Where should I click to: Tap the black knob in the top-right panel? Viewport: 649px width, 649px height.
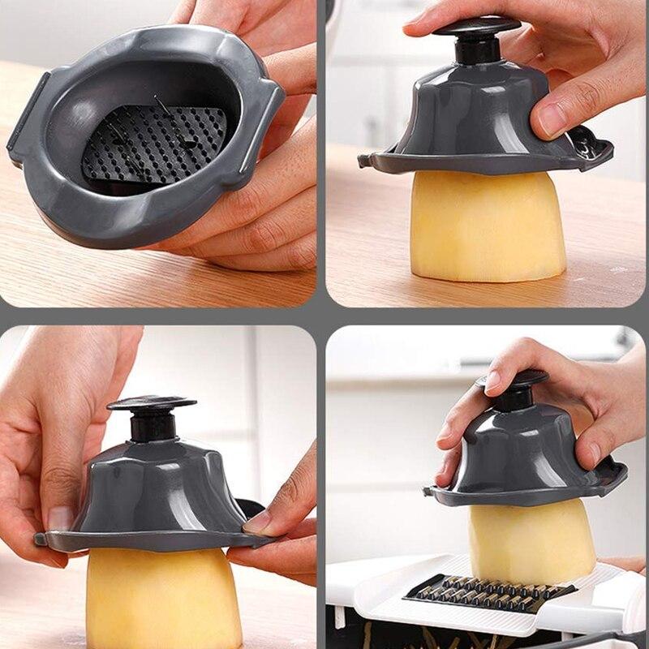coord(477,26)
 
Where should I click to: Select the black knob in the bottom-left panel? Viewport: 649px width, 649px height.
coord(152,403)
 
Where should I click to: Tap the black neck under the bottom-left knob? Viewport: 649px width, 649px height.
coord(153,427)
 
